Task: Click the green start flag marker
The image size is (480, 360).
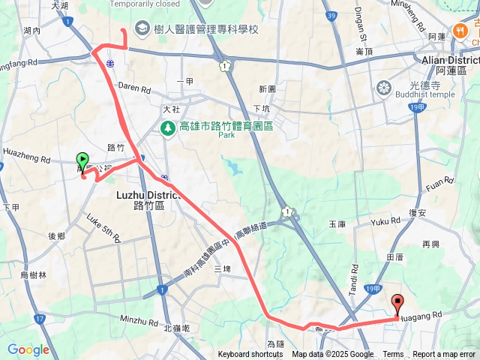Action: coord(82,160)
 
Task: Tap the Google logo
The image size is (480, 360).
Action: coord(28,349)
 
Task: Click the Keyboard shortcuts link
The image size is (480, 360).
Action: coord(250,355)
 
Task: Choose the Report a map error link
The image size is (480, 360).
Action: coord(445,355)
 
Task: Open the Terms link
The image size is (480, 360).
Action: coord(393,355)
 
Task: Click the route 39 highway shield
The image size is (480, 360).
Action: coord(331,15)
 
